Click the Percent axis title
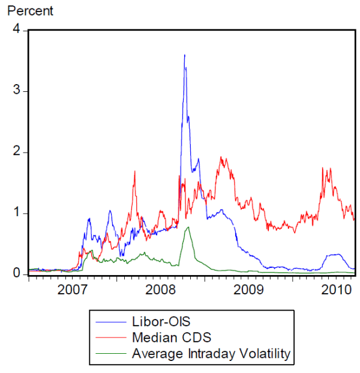[x=30, y=11]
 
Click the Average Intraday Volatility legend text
[x=211, y=354]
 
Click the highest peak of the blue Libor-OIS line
[x=184, y=55]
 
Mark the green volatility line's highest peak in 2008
[x=188, y=227]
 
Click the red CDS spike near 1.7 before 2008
[x=134, y=172]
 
